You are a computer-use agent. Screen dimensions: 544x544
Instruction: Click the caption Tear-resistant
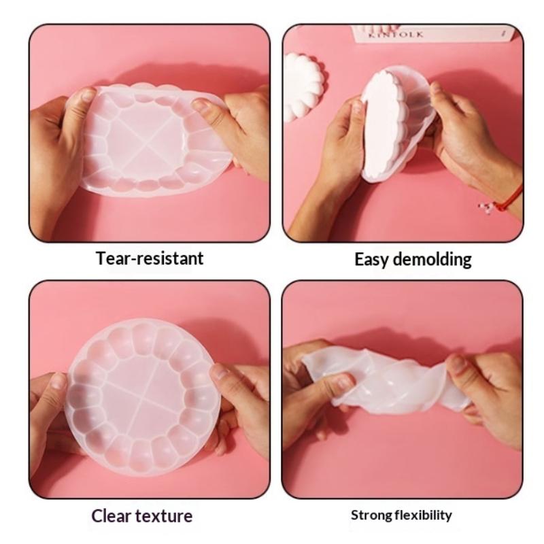150,258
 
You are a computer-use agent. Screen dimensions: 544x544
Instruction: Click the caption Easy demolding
413,260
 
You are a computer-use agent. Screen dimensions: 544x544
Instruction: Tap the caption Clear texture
142,516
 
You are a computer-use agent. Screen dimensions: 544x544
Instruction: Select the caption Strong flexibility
401,515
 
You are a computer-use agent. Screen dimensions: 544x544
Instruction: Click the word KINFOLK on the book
396,35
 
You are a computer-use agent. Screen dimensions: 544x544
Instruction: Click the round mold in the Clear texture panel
143,396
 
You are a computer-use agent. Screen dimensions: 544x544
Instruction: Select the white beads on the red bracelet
486,207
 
